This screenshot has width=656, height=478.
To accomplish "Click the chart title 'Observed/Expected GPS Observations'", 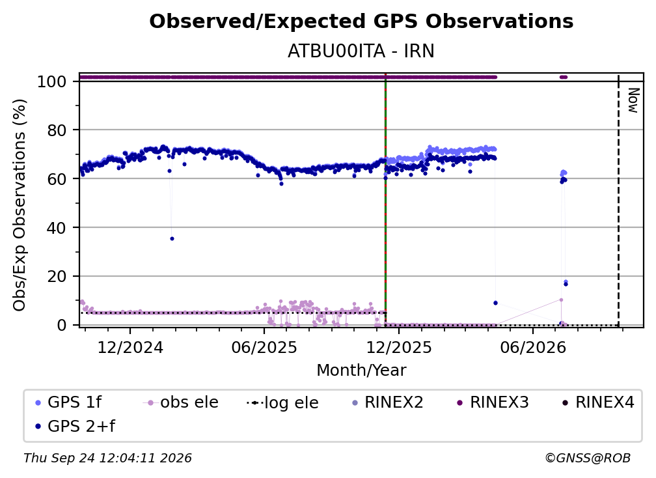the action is (x=361, y=21).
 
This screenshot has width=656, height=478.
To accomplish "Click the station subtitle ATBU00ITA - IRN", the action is (x=361, y=51).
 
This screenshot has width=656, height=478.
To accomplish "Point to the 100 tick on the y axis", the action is (x=51, y=81).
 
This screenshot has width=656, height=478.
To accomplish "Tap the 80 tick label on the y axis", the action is (x=57, y=130).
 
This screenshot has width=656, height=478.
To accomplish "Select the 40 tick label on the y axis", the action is (x=57, y=228).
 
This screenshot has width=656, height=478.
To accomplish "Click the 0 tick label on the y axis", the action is (x=61, y=325).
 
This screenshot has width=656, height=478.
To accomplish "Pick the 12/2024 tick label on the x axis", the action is (x=130, y=348).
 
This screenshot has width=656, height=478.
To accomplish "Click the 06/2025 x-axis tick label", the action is (x=264, y=348).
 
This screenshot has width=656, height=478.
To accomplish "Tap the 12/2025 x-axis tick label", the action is (x=399, y=348).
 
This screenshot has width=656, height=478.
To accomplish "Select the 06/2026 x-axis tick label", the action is (x=532, y=348).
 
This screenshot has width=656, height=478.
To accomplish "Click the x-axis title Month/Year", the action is (x=361, y=371).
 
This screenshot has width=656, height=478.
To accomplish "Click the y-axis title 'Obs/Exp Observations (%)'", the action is (x=20, y=204).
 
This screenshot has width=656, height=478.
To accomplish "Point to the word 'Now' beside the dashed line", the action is (x=633, y=100).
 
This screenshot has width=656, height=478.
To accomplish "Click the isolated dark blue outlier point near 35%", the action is (x=172, y=238).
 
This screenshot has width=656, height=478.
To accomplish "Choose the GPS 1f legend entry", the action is (x=68, y=402).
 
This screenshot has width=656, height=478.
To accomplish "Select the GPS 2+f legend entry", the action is (x=75, y=426).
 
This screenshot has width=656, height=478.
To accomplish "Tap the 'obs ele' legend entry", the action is (x=181, y=402).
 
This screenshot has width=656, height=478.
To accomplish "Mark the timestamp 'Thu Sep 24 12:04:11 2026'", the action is (x=107, y=458).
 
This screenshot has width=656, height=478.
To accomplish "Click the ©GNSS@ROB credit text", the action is (x=588, y=458).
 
